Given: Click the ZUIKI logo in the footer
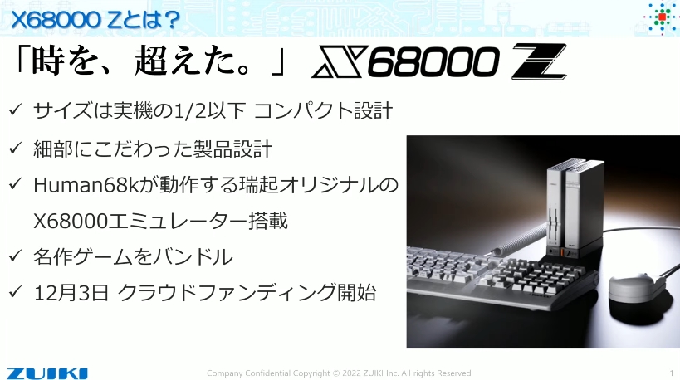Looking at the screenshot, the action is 46,373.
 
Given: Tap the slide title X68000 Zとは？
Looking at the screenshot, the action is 95,20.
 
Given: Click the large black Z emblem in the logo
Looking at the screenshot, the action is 539,61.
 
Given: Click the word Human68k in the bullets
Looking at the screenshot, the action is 86,186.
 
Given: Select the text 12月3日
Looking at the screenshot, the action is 71,293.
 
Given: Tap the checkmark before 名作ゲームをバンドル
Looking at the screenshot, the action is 15,256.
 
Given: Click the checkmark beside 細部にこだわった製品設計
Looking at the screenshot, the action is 15,149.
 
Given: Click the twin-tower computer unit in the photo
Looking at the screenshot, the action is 574,208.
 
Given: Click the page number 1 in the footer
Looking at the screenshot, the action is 672,373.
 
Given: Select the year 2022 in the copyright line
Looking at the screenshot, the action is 352,373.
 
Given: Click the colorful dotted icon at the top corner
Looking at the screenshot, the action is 662,17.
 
